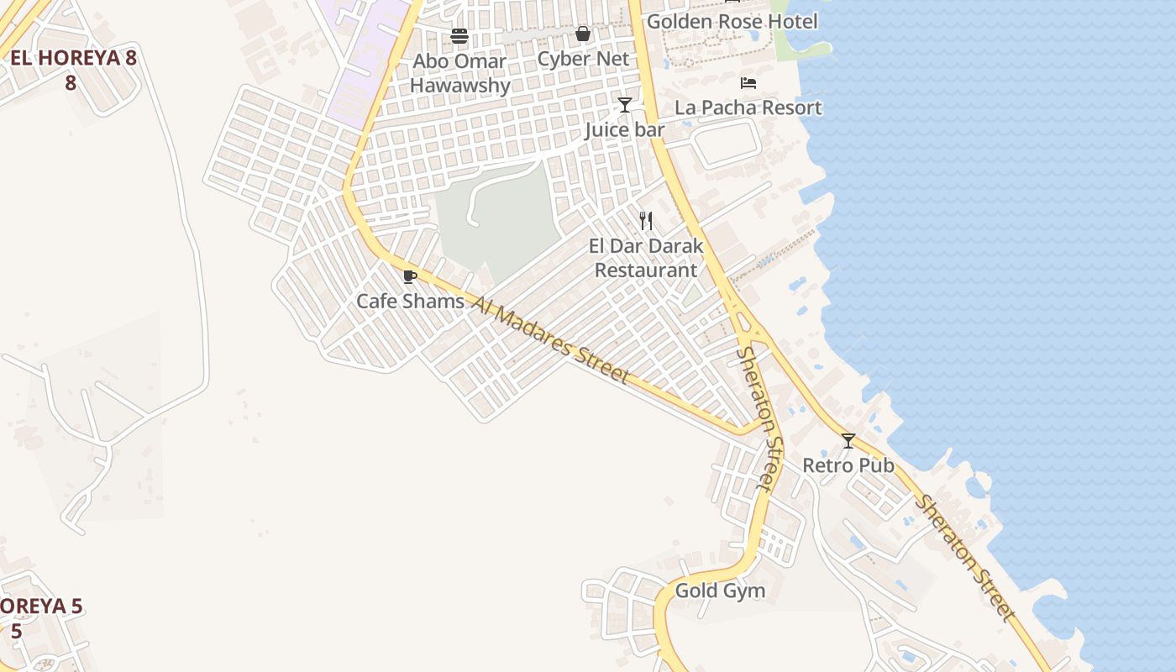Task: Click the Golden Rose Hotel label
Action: [732, 21]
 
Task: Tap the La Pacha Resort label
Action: [748, 108]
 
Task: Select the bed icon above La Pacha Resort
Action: [748, 83]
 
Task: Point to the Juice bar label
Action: [625, 129]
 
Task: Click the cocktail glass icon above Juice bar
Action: [625, 105]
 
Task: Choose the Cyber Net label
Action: [583, 59]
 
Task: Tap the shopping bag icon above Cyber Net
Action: [583, 34]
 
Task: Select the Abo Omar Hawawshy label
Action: [459, 73]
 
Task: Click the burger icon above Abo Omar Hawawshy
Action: [459, 36]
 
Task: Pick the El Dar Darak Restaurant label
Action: [646, 258]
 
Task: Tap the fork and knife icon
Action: [646, 221]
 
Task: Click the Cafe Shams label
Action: [410, 301]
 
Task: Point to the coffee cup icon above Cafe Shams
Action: [410, 276]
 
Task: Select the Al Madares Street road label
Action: [550, 339]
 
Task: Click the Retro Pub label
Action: [848, 465]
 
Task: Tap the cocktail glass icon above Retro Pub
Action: [848, 441]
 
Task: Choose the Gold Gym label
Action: [720, 591]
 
